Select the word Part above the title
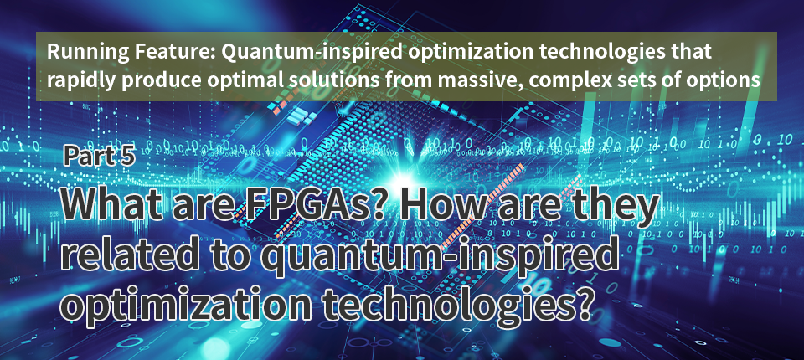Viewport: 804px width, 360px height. coord(85,156)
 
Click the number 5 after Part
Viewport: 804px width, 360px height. coord(127,156)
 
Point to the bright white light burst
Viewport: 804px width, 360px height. coord(403,182)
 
